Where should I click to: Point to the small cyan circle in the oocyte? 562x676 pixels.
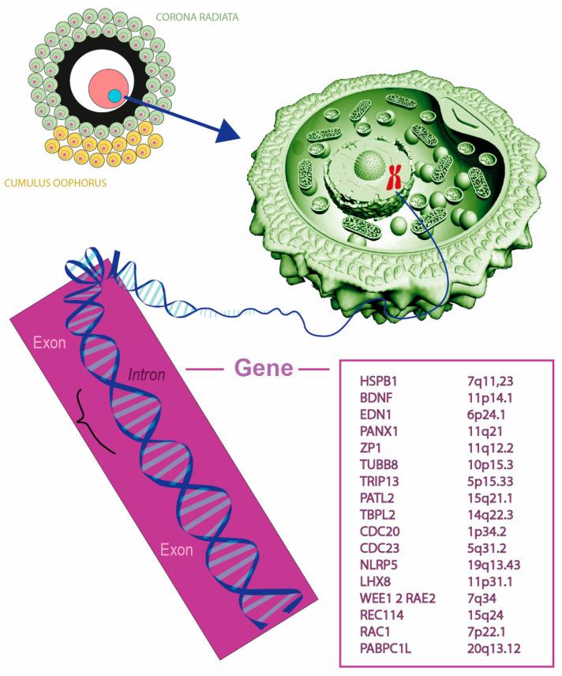[115, 96]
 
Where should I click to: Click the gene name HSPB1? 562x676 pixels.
[376, 381]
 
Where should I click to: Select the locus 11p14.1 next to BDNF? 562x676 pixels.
[488, 397]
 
